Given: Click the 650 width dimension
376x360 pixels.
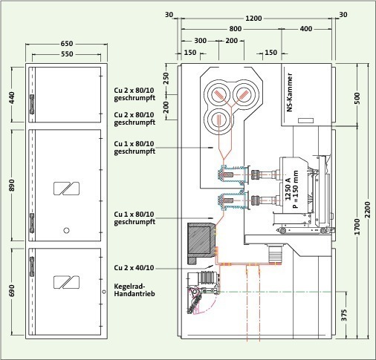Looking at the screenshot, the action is click(x=67, y=44).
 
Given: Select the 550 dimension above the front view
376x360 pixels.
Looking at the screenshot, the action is click(x=67, y=54).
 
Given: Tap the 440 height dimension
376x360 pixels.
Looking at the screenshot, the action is click(x=12, y=98).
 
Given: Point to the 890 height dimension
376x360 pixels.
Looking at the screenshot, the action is click(x=12, y=185).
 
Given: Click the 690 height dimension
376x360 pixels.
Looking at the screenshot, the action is click(x=12, y=291).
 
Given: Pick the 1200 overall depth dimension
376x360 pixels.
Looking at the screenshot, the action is click(x=253, y=19).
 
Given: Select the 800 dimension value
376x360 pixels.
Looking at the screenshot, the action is click(x=235, y=29).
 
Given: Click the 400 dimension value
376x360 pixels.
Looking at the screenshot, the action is click(x=306, y=29).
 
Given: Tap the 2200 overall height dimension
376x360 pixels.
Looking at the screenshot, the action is click(x=368, y=210).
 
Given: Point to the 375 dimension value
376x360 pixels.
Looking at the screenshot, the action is click(x=344, y=315).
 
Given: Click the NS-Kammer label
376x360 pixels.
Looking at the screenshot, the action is click(x=290, y=92).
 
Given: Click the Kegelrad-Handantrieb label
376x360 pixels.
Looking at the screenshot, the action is click(x=134, y=290).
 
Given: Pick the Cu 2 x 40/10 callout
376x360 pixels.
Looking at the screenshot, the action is click(x=134, y=268).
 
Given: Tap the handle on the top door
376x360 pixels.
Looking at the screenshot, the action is click(x=32, y=104).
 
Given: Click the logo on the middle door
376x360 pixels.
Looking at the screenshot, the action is click(x=67, y=189).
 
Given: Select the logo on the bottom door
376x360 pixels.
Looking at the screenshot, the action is click(x=67, y=282).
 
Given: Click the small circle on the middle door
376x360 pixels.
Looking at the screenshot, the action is click(x=66, y=230).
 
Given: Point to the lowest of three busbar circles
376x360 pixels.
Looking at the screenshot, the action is click(x=219, y=120).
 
